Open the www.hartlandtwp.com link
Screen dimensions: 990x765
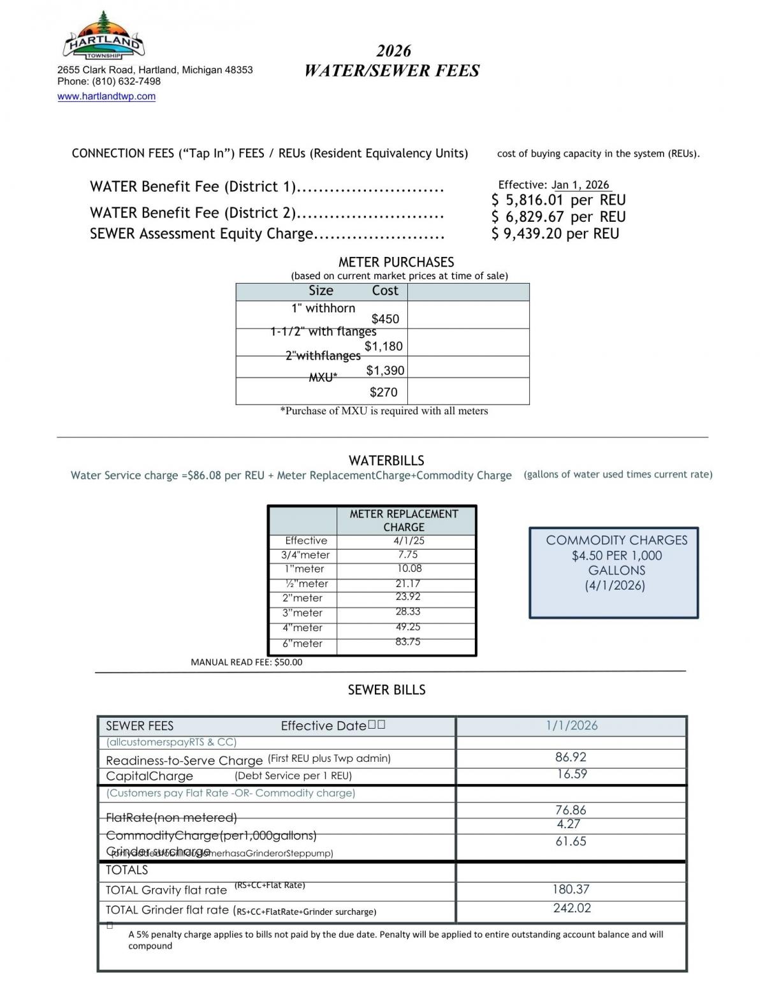tap(106, 96)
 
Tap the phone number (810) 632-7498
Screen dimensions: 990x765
tap(126, 82)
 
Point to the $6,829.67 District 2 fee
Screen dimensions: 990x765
tap(528, 217)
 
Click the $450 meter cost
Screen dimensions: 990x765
tap(385, 319)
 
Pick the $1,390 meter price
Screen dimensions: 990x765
tap(385, 370)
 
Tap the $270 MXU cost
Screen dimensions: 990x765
tap(383, 392)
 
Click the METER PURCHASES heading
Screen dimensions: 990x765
tap(396, 262)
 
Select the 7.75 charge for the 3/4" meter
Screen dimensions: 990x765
tap(408, 555)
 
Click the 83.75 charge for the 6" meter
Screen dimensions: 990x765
tap(408, 642)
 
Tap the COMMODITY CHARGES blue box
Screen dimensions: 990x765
tap(614, 572)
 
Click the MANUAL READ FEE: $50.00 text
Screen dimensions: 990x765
tap(247, 662)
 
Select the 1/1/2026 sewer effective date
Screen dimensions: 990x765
tap(572, 725)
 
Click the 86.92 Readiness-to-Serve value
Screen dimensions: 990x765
tap(571, 757)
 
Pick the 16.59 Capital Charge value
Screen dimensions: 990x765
tap(572, 774)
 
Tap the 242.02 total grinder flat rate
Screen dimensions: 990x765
tap(572, 908)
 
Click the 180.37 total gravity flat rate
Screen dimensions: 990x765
tap(571, 889)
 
